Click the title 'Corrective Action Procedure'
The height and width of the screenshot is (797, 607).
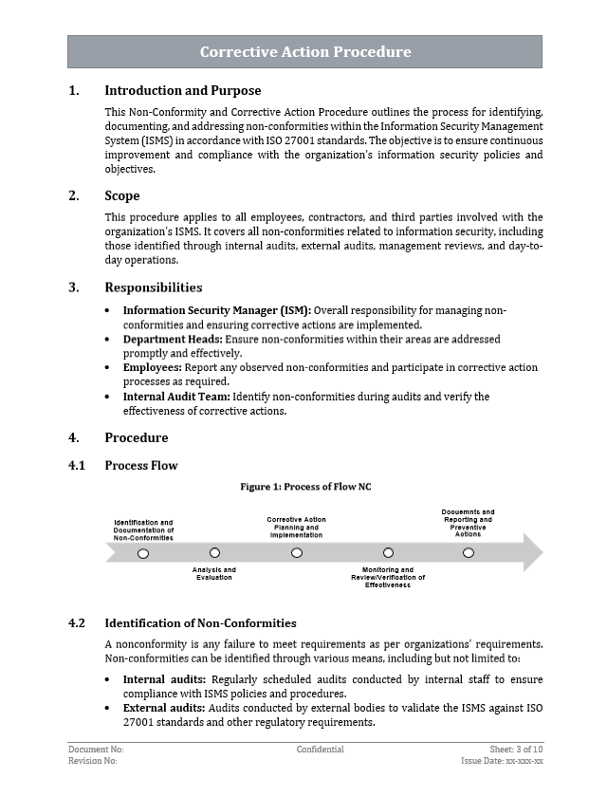click(x=304, y=52)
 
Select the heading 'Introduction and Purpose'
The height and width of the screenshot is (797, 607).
click(x=182, y=91)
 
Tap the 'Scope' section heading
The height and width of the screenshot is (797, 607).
click(x=121, y=195)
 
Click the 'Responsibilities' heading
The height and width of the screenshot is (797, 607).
click(x=153, y=287)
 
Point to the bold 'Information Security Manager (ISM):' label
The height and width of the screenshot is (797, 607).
click(x=216, y=310)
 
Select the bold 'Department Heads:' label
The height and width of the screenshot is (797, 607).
click(x=173, y=339)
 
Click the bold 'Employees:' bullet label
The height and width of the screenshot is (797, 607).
click(x=156, y=367)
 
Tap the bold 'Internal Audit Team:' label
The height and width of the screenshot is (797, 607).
click(x=176, y=397)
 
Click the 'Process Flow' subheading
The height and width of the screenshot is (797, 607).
click(x=140, y=465)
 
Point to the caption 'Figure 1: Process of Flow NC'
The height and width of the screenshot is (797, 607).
click(x=305, y=487)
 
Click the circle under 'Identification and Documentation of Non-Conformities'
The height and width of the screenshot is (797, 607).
click(x=143, y=553)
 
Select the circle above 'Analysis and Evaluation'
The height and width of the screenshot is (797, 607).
click(x=214, y=552)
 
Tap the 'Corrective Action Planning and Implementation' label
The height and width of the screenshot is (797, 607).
click(x=296, y=528)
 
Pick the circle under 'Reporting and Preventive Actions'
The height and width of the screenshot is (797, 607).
click(x=468, y=552)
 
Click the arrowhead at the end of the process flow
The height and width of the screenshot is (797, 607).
click(x=533, y=552)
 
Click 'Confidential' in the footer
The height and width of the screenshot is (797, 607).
click(x=320, y=750)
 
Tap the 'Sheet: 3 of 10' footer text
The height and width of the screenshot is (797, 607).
click(x=516, y=750)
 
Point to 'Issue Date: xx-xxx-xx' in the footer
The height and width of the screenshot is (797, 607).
click(x=502, y=761)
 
